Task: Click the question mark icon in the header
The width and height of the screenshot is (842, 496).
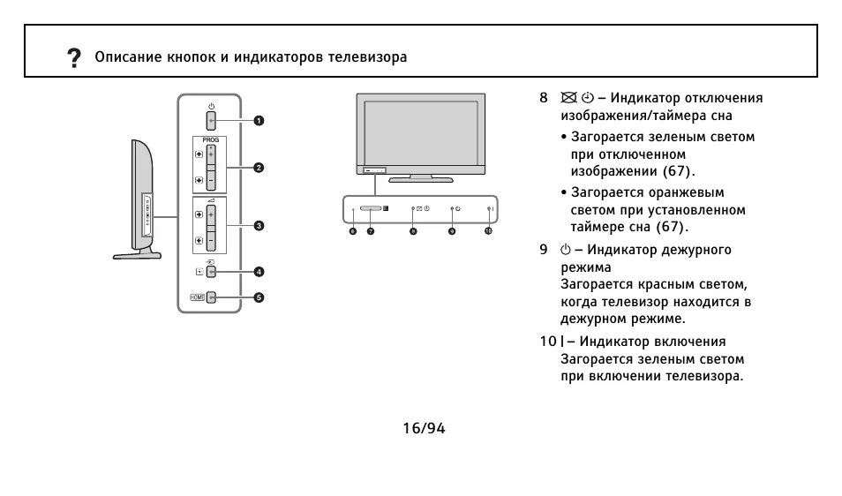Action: pyautogui.click(x=74, y=58)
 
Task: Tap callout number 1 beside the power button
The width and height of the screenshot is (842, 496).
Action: pyautogui.click(x=259, y=120)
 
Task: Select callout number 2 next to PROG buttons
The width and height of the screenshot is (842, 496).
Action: pyautogui.click(x=259, y=167)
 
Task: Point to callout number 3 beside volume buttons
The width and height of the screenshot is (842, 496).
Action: pyautogui.click(x=259, y=225)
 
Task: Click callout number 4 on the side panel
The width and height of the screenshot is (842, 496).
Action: pyautogui.click(x=259, y=272)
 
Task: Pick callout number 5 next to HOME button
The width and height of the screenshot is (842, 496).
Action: pyautogui.click(x=259, y=297)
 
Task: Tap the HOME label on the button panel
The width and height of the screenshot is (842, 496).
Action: pyautogui.click(x=196, y=297)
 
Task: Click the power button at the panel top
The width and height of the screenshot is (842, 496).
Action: pyautogui.click(x=211, y=119)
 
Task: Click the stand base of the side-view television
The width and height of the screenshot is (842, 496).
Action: pyautogui.click(x=138, y=255)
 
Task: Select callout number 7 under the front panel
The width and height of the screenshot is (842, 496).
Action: pyautogui.click(x=371, y=230)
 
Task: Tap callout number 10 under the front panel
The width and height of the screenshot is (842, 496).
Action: pyautogui.click(x=488, y=230)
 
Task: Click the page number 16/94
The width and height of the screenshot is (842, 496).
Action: pyautogui.click(x=423, y=428)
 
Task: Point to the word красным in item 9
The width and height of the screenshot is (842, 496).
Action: pyautogui.click(x=661, y=284)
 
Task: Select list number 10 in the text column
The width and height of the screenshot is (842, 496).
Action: pyautogui.click(x=547, y=341)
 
